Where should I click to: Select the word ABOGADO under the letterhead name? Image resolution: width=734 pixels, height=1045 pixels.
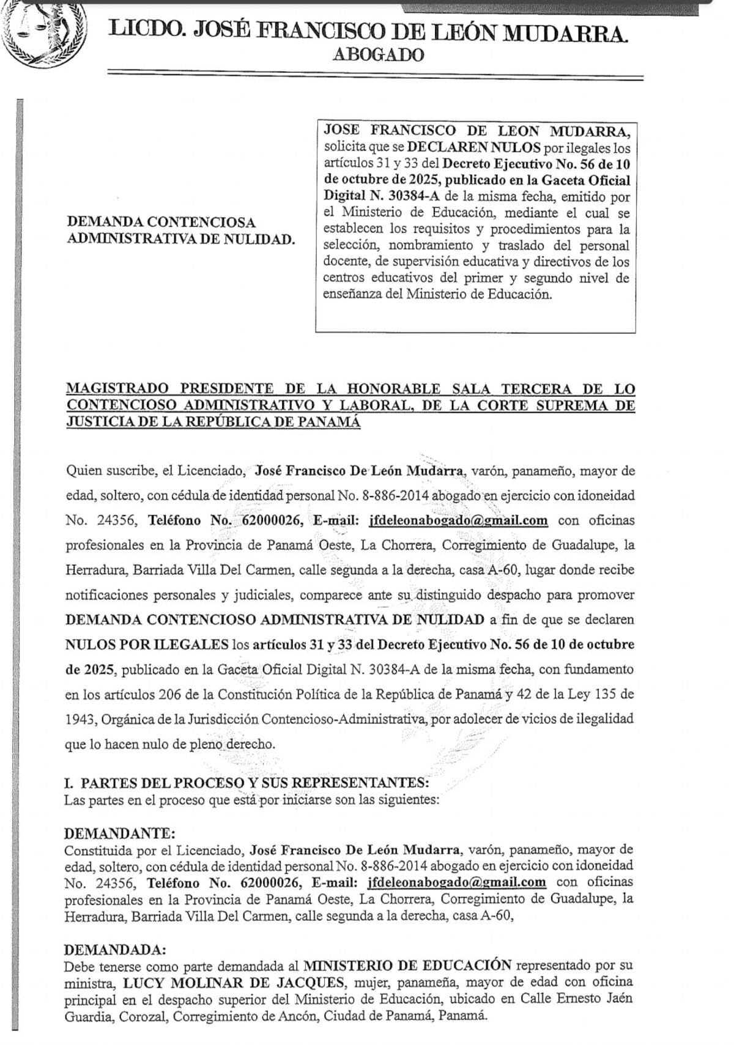coord(378,55)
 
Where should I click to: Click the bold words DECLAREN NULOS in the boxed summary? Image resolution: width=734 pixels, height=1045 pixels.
coord(474,147)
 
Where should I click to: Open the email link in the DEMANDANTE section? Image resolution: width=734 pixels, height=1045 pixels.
coord(456,882)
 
